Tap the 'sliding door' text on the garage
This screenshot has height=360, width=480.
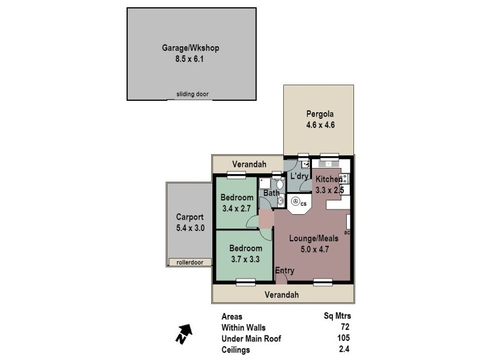(x=193, y=94)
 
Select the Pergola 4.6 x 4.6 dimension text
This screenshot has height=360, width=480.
(x=320, y=125)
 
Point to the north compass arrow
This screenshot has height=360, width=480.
(x=184, y=333)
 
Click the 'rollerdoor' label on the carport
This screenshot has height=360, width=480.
(x=185, y=262)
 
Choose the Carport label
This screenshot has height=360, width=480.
(x=190, y=217)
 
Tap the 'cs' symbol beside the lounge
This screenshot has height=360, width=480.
(x=304, y=204)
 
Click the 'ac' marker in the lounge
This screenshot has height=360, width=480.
(x=347, y=232)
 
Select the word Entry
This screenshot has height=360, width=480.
(x=285, y=271)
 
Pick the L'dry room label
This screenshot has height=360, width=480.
(x=299, y=177)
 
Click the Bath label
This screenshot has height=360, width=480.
(x=271, y=193)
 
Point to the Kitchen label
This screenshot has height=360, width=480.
(x=329, y=179)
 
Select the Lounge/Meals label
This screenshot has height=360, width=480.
(x=314, y=238)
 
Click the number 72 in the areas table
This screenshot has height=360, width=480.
(x=344, y=327)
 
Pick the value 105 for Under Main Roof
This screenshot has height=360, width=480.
(x=343, y=338)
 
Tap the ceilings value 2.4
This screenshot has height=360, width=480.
(x=344, y=350)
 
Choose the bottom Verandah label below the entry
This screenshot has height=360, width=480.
(x=282, y=295)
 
